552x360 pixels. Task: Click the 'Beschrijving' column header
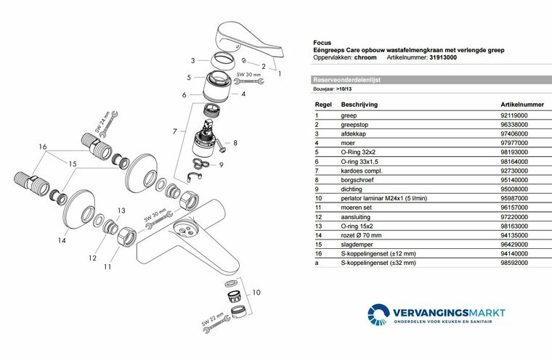pos(352,105)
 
